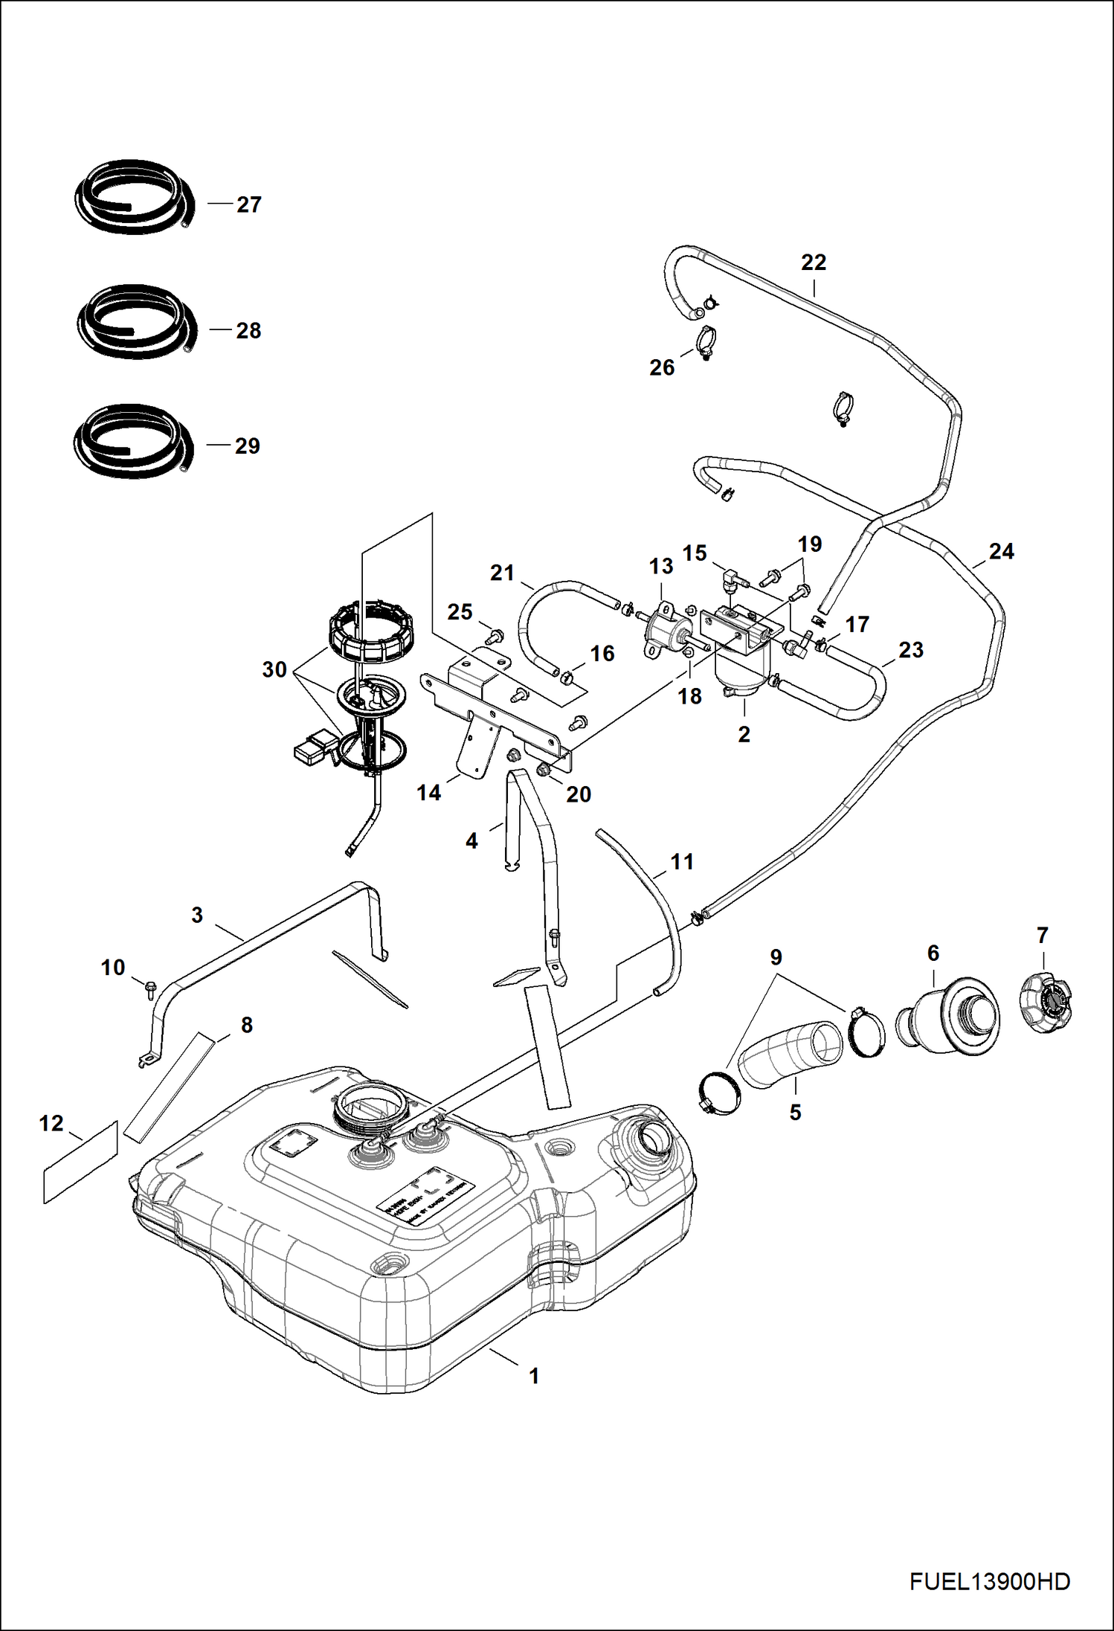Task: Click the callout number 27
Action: coord(249,205)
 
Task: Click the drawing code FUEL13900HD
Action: coord(989,1581)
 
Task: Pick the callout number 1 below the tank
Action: coord(533,1376)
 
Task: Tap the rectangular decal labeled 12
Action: coord(80,1162)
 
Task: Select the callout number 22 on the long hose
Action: coord(814,263)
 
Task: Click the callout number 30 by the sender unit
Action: coord(274,669)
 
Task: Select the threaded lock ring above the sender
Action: coord(370,634)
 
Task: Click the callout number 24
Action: coord(1001,551)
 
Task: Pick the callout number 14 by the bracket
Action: coord(428,793)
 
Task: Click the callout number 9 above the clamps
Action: coord(776,957)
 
